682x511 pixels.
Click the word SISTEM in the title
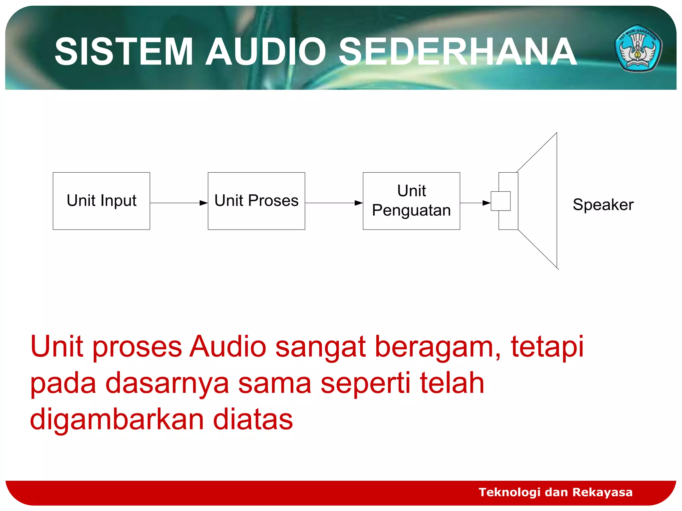pyautogui.click(x=124, y=52)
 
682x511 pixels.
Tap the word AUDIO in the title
pyautogui.click(x=265, y=52)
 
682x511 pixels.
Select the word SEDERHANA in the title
pyautogui.click(x=458, y=52)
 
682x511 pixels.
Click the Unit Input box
pyautogui.click(x=101, y=201)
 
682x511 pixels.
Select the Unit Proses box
pyautogui.click(x=256, y=201)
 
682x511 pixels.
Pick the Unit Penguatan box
pyautogui.click(x=411, y=201)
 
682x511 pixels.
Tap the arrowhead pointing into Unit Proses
pyautogui.click(x=203, y=203)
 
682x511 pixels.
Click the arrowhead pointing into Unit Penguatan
pyautogui.click(x=359, y=203)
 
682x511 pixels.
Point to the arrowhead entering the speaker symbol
pyautogui.click(x=487, y=203)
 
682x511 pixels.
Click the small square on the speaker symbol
pyautogui.click(x=501, y=201)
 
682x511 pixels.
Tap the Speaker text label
pyautogui.click(x=603, y=205)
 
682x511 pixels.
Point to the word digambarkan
pyautogui.click(x=117, y=420)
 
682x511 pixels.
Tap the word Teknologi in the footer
pyautogui.click(x=509, y=492)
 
